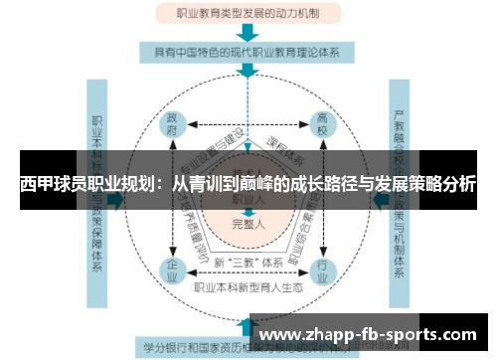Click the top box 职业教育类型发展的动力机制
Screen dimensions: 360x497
[248, 14]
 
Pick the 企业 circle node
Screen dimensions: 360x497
[174, 270]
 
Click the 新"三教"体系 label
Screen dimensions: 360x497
[248, 263]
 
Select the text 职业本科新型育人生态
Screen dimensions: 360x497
[248, 287]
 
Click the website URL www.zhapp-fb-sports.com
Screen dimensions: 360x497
[372, 335]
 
